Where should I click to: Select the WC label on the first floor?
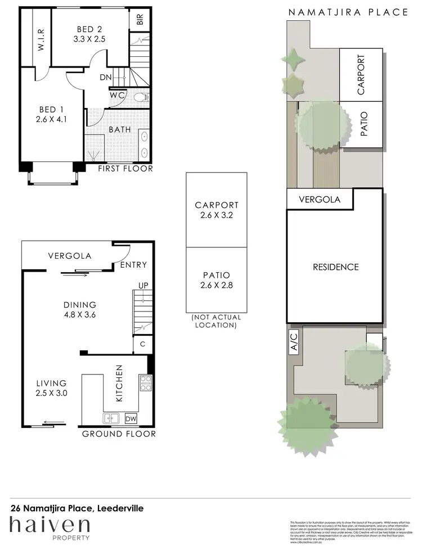click(x=118, y=96)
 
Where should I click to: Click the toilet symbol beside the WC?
click(x=141, y=97)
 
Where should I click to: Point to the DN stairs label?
click(x=105, y=78)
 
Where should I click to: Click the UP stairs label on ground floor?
click(x=143, y=286)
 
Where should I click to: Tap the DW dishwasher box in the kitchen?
click(x=130, y=418)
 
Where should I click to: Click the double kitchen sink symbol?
click(x=110, y=418)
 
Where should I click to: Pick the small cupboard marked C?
click(x=143, y=344)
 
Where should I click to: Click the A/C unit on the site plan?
click(x=293, y=342)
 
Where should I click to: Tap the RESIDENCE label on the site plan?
click(x=335, y=267)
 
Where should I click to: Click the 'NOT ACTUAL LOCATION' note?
click(x=216, y=321)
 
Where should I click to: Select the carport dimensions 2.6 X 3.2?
click(x=217, y=215)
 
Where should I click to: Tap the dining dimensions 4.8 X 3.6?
click(x=80, y=315)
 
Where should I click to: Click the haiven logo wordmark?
click(x=50, y=526)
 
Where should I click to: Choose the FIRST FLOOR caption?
click(x=125, y=169)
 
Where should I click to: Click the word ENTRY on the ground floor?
click(x=134, y=265)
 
